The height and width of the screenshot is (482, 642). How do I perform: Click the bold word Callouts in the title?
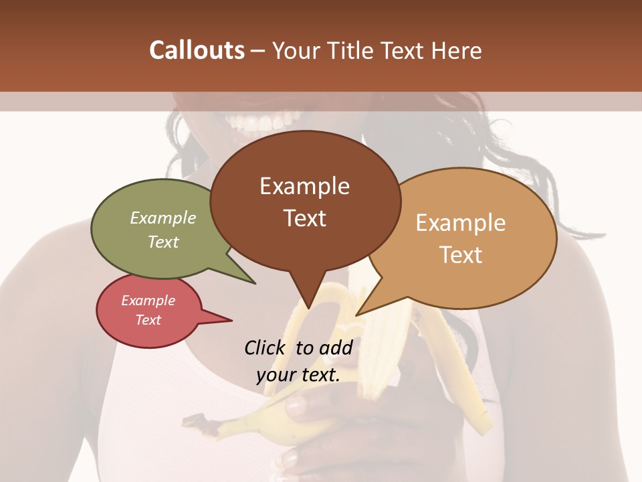click(197, 50)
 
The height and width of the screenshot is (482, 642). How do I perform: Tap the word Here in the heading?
click(457, 50)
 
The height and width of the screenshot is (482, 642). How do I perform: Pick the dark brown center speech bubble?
click(304, 201)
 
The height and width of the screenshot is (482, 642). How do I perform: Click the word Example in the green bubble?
click(163, 218)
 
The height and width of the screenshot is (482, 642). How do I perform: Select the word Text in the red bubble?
click(148, 320)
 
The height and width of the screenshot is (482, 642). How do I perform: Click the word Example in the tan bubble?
click(461, 223)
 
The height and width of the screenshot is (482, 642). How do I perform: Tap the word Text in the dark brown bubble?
click(305, 218)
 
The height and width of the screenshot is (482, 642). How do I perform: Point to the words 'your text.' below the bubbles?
click(298, 375)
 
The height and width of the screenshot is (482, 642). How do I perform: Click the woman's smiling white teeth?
click(257, 123)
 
